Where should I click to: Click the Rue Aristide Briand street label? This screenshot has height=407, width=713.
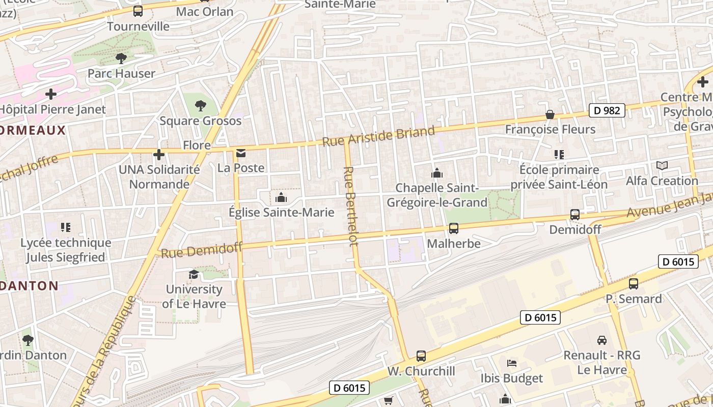(379, 136)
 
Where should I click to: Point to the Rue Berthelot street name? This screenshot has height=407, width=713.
(351, 206)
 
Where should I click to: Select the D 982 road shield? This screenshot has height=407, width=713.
(607, 110)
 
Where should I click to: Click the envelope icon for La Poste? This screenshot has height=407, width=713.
(240, 153)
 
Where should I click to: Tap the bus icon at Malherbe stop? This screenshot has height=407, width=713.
(453, 228)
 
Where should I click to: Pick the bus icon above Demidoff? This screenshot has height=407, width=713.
(575, 215)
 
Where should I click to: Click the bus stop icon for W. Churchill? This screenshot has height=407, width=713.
(421, 356)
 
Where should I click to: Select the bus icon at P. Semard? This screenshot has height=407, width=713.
(634, 284)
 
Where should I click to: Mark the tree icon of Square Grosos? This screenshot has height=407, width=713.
(201, 106)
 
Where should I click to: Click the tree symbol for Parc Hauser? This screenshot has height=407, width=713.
(121, 59)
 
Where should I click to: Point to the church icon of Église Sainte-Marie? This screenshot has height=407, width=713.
(281, 197)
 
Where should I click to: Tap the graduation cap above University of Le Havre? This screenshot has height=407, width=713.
(194, 275)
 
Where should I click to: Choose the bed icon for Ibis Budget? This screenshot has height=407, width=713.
(512, 363)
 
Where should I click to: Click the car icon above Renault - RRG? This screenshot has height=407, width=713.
(601, 340)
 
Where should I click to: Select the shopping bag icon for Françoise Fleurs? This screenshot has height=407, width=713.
(550, 114)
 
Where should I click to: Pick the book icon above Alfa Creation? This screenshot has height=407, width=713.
(662, 166)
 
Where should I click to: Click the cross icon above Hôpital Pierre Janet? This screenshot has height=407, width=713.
(51, 94)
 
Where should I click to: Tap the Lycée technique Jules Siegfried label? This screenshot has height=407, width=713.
(66, 250)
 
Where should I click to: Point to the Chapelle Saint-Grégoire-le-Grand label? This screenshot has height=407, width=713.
(437, 195)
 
